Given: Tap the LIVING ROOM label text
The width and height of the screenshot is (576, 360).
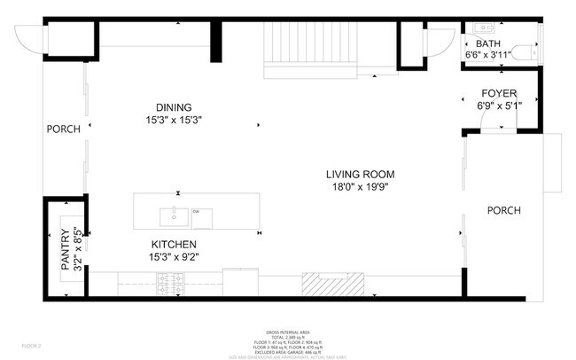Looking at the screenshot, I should pyautogui.click(x=359, y=175).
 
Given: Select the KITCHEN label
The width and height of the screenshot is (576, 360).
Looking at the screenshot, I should pyautogui.click(x=174, y=244).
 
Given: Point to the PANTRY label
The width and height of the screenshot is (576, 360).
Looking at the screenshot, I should pyautogui.click(x=65, y=252).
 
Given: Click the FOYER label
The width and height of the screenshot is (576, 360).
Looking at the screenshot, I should pyautogui.click(x=499, y=93).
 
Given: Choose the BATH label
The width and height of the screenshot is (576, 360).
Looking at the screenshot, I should pyautogui.click(x=488, y=43).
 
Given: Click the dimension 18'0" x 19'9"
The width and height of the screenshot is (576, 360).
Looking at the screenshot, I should pyautogui.click(x=359, y=187).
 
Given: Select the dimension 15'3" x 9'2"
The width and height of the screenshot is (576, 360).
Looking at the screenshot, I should pyautogui.click(x=174, y=257).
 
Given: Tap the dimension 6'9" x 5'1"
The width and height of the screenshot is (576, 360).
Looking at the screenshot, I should pyautogui.click(x=499, y=106).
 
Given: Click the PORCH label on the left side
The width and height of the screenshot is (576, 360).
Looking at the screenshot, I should pyautogui.click(x=64, y=129).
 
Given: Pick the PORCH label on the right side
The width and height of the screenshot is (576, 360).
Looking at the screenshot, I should pyautogui.click(x=503, y=210).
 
